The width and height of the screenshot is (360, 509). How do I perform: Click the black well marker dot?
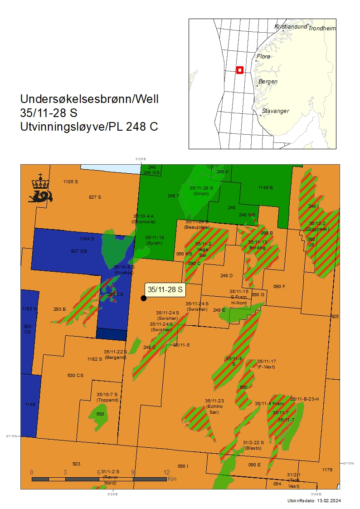click(144, 298)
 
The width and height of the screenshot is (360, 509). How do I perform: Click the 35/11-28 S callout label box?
click(165, 289)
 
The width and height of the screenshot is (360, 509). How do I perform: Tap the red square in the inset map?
click(240, 70)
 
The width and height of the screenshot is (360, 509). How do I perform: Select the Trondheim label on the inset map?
click(322, 28)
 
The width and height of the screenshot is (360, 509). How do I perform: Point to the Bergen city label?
click(268, 82)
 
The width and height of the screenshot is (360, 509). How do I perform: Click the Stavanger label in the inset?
click(275, 111)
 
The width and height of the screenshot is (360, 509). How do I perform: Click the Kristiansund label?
click(291, 27)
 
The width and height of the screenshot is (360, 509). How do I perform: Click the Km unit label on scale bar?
click(172, 479)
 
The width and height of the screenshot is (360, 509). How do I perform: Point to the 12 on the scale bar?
click(166, 472)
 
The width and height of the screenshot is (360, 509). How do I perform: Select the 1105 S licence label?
click(71, 182)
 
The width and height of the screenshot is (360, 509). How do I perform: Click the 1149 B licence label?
click(265, 187)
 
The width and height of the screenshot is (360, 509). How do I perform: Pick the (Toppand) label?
click(107, 400)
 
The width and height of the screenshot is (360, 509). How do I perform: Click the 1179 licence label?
click(327, 470)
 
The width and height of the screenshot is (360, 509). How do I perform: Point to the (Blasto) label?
click(253, 448)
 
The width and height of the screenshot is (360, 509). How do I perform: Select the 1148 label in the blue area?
click(30, 404)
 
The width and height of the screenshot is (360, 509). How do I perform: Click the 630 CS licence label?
click(75, 375)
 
